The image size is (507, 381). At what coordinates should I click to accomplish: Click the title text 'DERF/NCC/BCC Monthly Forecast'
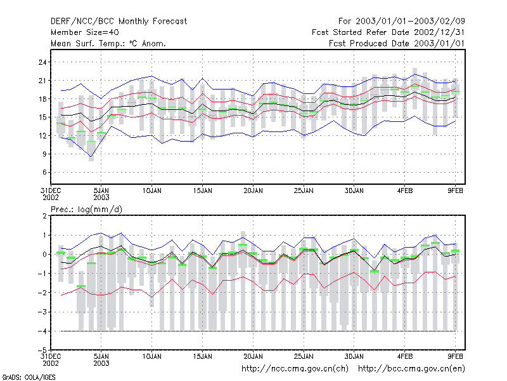click(x=119, y=22)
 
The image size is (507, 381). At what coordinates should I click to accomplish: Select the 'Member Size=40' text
click(x=85, y=32)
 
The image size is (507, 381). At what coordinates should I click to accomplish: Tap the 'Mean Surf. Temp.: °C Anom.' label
click(x=108, y=43)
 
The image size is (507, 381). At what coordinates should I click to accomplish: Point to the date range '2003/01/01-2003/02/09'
click(x=410, y=22)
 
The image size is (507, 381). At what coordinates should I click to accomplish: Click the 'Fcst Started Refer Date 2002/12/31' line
click(x=388, y=32)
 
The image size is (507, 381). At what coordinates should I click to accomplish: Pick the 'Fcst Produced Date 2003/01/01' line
click(x=397, y=43)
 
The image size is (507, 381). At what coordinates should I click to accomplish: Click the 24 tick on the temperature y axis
click(x=42, y=62)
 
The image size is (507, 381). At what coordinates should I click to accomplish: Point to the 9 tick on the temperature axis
click(x=44, y=154)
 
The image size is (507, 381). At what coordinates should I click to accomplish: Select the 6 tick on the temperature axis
click(x=44, y=172)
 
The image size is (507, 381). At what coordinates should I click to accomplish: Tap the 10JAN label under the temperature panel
click(x=152, y=190)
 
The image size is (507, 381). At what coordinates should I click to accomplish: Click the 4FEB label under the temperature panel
click(x=405, y=190)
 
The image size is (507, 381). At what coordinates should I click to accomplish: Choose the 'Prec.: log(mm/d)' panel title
click(x=86, y=210)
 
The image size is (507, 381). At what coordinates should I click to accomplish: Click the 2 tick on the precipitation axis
click(x=44, y=216)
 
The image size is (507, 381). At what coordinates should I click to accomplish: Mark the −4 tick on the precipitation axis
click(x=42, y=331)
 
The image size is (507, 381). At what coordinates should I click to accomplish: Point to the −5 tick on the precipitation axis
click(x=42, y=350)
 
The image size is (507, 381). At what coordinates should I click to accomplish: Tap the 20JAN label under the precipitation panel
click(x=253, y=356)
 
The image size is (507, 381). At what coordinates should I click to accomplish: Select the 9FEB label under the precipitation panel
click(x=455, y=356)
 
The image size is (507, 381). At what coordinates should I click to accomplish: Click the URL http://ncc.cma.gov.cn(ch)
click(x=295, y=369)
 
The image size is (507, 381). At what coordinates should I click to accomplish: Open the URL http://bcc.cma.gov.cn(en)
click(x=411, y=369)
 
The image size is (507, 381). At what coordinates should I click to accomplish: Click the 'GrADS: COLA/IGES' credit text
click(x=29, y=377)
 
